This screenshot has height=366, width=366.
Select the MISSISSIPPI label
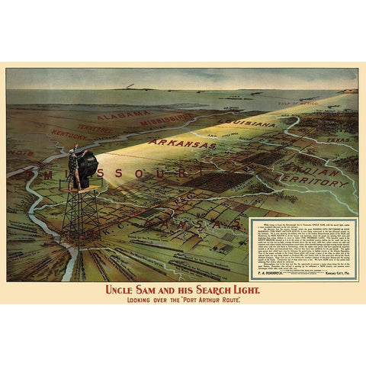pos(166,120)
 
